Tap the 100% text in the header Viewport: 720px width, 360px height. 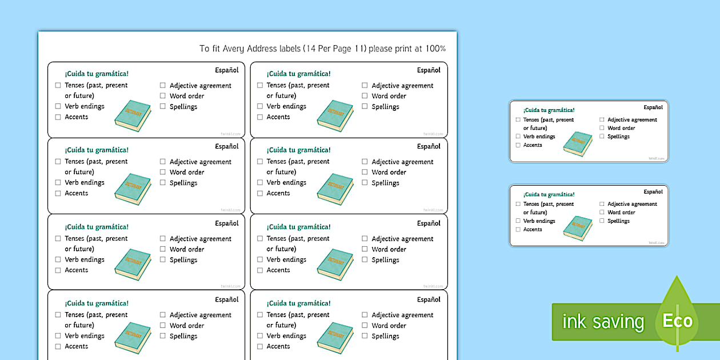coord(435,49)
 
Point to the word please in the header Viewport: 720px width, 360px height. coord(382,49)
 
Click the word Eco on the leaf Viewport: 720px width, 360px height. coord(677,321)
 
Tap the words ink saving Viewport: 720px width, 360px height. coord(603,322)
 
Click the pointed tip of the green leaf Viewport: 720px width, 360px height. coord(678,278)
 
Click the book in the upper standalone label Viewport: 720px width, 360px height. coord(577,143)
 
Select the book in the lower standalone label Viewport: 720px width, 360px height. coord(577,228)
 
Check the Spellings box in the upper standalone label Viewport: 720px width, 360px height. coord(602,137)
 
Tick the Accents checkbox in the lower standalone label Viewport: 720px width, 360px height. coord(518,229)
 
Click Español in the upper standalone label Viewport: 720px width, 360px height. coord(653,107)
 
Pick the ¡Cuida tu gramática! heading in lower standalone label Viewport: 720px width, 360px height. coord(549,194)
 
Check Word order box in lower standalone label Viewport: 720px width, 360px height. coord(602,212)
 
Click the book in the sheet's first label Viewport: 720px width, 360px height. coord(133,116)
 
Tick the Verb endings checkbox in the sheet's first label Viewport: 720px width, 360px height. coord(58,106)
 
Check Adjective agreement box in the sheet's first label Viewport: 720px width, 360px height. coord(163,86)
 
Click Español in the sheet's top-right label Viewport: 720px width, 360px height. coord(429,70)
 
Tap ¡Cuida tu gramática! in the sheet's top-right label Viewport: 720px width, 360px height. coord(298,74)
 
